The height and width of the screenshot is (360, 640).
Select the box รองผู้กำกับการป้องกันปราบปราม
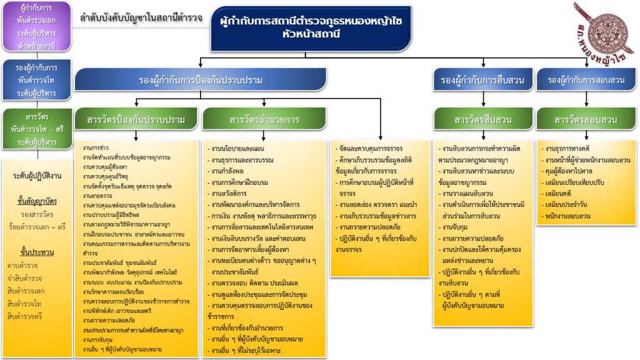coord(201,80)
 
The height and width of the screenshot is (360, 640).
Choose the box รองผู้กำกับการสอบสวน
coord(586,80)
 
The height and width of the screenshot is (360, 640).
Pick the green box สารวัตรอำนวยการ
coord(264,119)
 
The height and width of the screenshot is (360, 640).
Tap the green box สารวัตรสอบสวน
coord(586,119)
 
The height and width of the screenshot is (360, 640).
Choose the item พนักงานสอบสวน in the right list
coord(570,216)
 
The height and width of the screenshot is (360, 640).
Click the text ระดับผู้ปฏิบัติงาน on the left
coord(37,176)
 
